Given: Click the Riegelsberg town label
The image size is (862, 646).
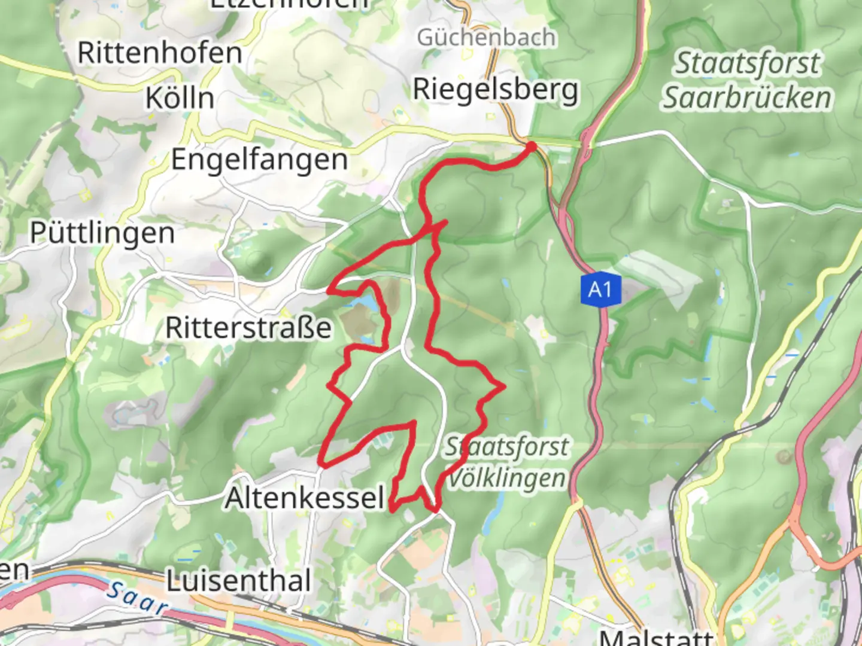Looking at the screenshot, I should pos(496,90).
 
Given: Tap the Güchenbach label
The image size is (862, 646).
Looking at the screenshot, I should pos(486,38).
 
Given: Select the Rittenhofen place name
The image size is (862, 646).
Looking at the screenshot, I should pos(160,53).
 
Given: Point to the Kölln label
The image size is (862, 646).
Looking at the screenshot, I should pos(180,98).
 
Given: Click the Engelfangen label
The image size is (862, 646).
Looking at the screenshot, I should pos(259,160).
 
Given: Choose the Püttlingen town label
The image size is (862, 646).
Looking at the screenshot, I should pos(102,233).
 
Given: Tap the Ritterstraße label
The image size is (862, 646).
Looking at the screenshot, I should pos(248,327).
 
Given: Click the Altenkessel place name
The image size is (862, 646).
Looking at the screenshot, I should pos(304,498).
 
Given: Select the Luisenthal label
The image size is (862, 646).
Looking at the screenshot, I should pos(239,581).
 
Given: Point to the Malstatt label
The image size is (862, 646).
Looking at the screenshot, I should pos(657,638).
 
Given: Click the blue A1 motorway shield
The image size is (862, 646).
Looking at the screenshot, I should pos(600,290).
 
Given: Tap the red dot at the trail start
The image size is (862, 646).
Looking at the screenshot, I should pos(531,146).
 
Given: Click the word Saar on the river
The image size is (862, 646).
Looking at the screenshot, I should pos(137,598).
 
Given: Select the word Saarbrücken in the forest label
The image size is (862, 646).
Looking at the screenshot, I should pos(746,98).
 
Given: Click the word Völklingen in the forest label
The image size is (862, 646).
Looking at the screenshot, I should pos(506,478).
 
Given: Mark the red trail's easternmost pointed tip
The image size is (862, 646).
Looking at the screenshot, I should pos(504,387).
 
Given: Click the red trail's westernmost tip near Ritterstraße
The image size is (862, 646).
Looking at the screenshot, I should pos(329,291).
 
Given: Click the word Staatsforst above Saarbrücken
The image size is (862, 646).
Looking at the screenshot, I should pos(747,63).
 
